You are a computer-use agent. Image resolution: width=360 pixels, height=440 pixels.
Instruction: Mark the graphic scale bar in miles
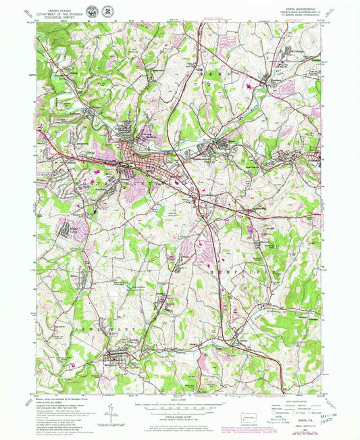(x=179, y=408)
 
